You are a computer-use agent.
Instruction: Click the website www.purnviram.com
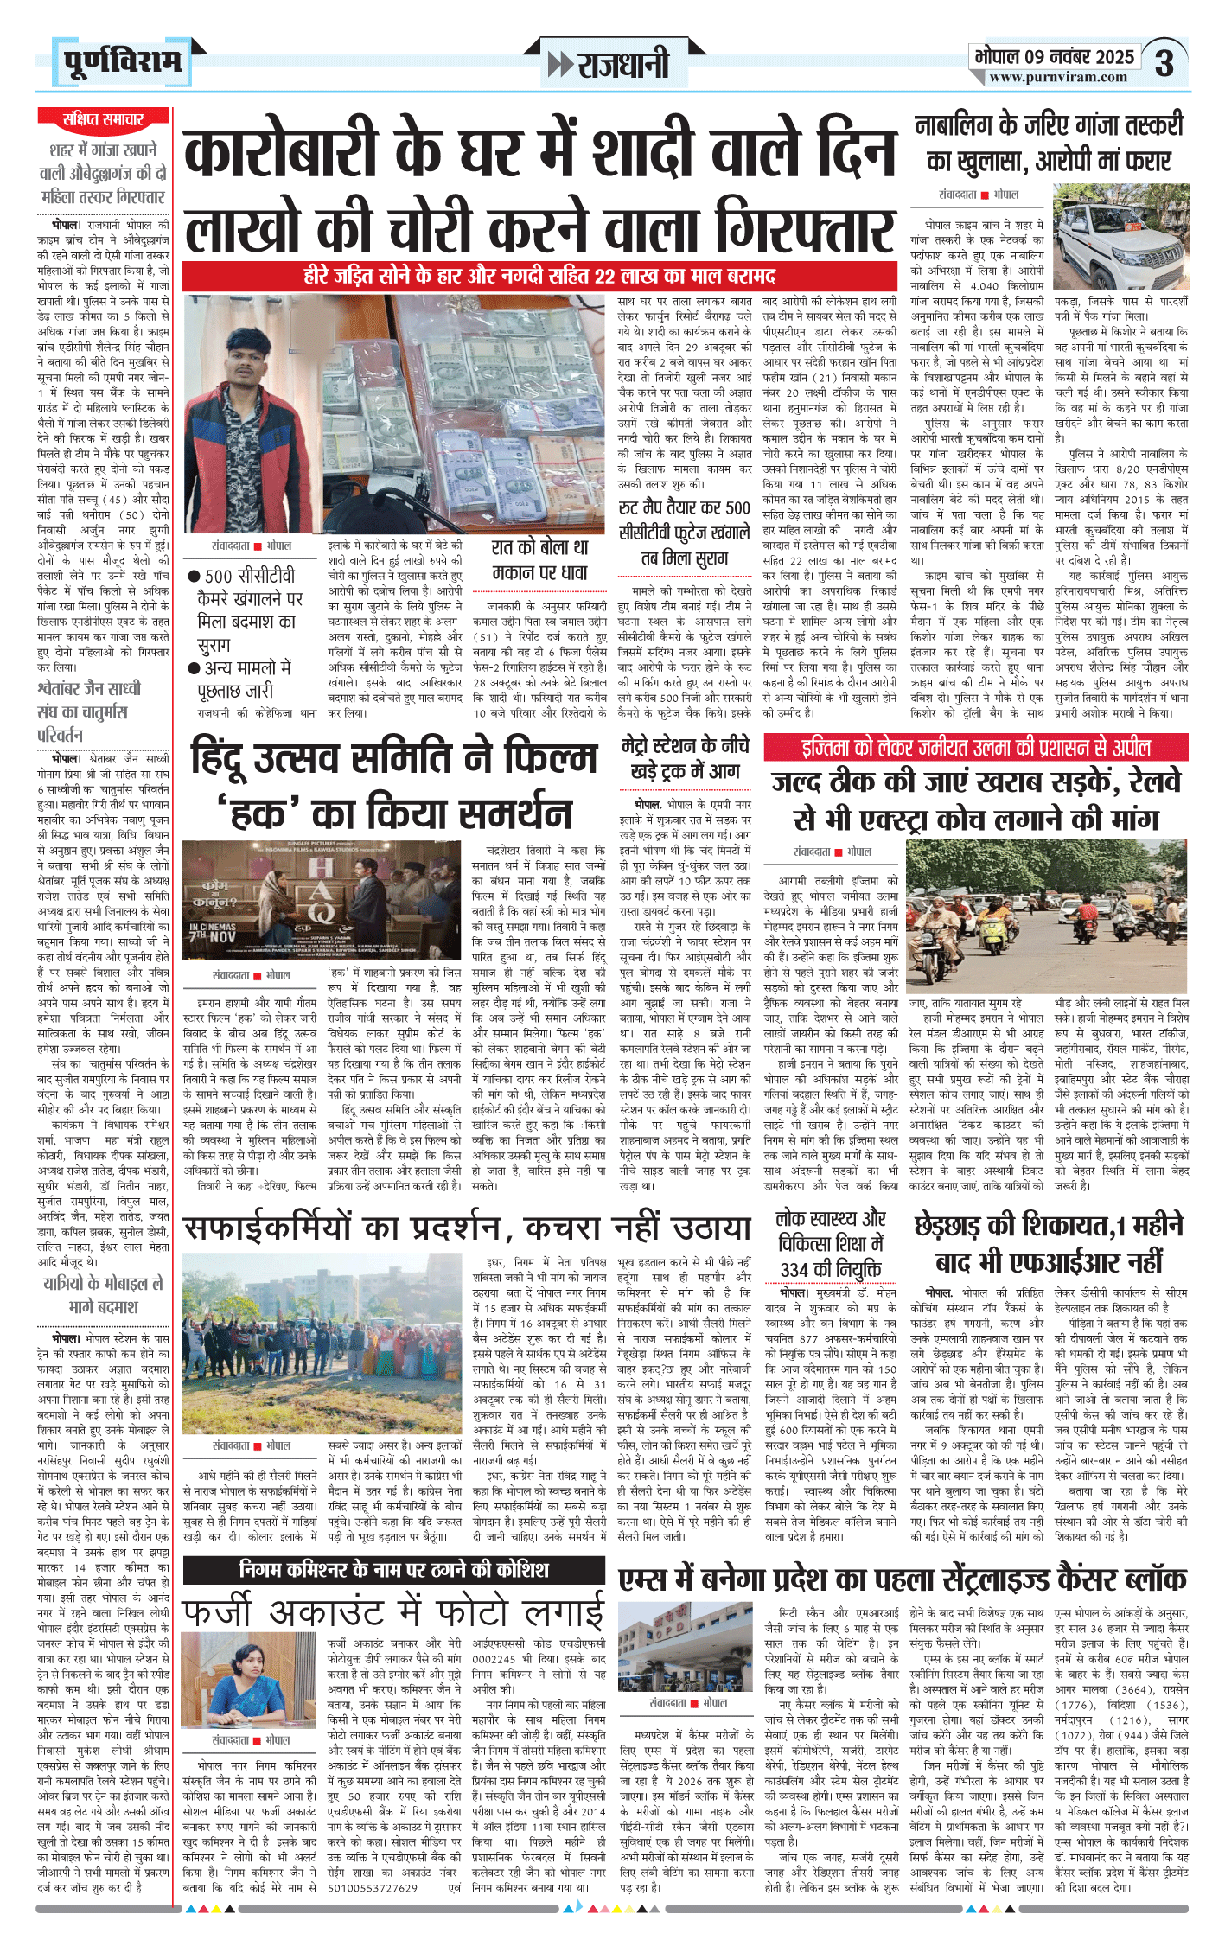[x=1058, y=77]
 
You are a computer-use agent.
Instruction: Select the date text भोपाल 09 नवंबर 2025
[x=1054, y=57]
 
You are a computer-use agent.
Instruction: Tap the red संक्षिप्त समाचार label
[x=103, y=119]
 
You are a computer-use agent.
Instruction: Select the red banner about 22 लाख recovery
[x=539, y=277]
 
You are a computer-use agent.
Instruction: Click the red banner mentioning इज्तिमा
[x=975, y=748]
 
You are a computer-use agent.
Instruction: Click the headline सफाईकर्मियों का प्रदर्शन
[x=467, y=1228]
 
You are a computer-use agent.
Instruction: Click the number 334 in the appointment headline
[x=794, y=1270]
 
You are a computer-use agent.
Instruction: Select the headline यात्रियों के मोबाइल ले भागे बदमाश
[x=103, y=1294]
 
